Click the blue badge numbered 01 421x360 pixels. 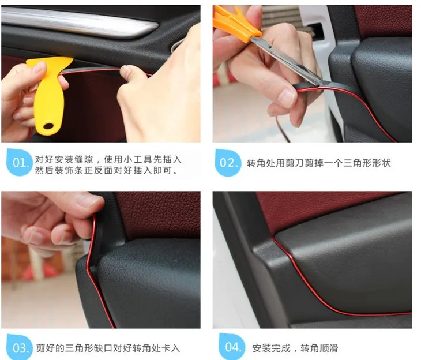[19, 162]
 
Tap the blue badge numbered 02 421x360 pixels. [228, 163]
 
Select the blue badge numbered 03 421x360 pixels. [20, 347]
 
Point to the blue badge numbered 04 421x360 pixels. [232, 347]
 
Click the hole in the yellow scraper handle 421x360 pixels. [48, 126]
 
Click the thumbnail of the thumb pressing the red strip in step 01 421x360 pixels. [126, 72]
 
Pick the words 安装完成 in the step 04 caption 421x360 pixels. [271, 348]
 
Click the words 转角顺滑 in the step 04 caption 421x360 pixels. [319, 348]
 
